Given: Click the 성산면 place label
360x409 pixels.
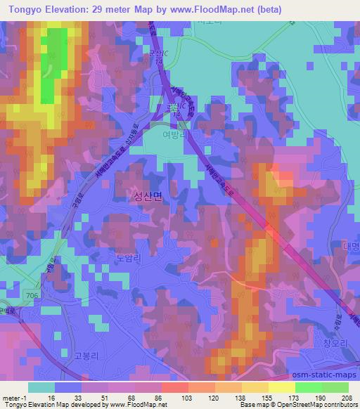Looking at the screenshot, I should (x=147, y=199).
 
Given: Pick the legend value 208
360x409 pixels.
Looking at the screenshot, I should (x=348, y=398).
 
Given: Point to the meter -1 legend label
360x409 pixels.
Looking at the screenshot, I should (x=15, y=398).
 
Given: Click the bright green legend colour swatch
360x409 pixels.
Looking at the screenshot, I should (x=308, y=387).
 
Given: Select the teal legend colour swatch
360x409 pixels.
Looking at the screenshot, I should (x=41, y=387).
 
